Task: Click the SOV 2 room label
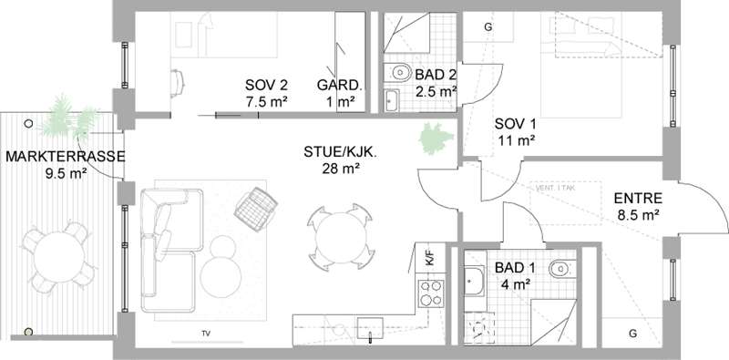tap(266, 85)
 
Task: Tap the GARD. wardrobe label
tap(339, 85)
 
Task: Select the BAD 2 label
tap(436, 75)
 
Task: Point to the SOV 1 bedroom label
tap(515, 124)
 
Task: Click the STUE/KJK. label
tap(340, 151)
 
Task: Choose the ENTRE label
tap(638, 199)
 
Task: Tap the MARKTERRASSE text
tap(65, 156)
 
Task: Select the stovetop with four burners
tap(431, 293)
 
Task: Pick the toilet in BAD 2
tap(397, 73)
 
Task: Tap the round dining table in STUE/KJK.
tap(340, 237)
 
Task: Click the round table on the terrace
tap(59, 257)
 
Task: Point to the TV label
tap(206, 333)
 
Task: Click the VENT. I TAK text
tap(556, 188)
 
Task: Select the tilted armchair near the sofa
tap(256, 209)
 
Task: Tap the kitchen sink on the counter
tap(370, 328)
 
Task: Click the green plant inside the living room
tap(436, 139)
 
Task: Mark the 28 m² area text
tap(341, 169)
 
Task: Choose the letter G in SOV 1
tap(488, 27)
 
